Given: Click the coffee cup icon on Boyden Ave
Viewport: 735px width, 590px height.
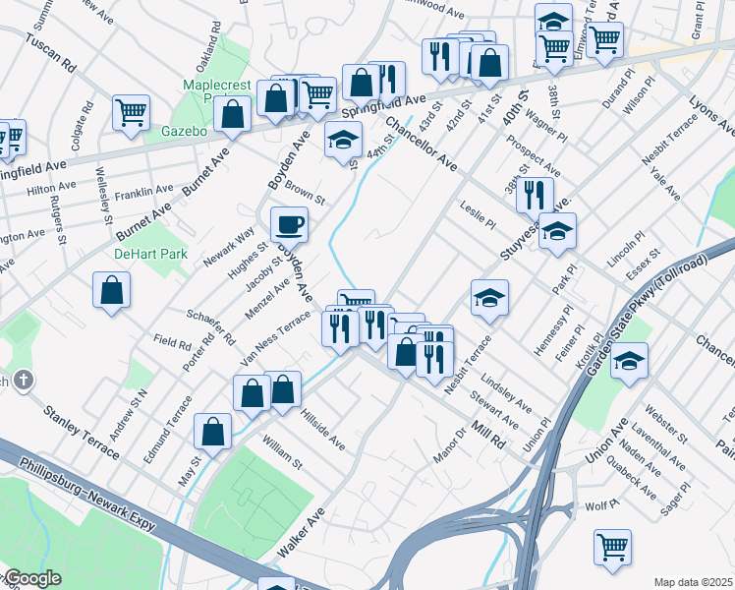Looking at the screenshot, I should click(289, 224).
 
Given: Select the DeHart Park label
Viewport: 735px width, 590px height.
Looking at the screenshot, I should click(149, 254).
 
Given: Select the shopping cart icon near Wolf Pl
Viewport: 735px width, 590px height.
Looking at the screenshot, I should click(612, 546).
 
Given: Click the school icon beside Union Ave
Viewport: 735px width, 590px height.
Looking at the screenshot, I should click(629, 361).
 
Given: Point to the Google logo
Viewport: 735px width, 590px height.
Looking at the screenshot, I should click(32, 579).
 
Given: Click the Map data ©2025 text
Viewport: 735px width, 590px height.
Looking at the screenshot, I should click(693, 582).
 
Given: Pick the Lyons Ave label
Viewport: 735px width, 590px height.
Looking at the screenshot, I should click(713, 116).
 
